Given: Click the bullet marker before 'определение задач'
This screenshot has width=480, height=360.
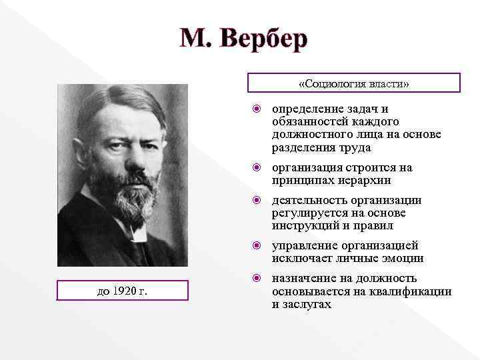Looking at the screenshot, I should coord(256,109).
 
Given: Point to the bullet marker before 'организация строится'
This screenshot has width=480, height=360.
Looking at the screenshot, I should coord(256,167).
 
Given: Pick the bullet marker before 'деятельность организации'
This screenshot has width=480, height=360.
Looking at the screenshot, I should coord(256,200).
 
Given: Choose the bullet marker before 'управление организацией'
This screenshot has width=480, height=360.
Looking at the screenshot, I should coord(256,245).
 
